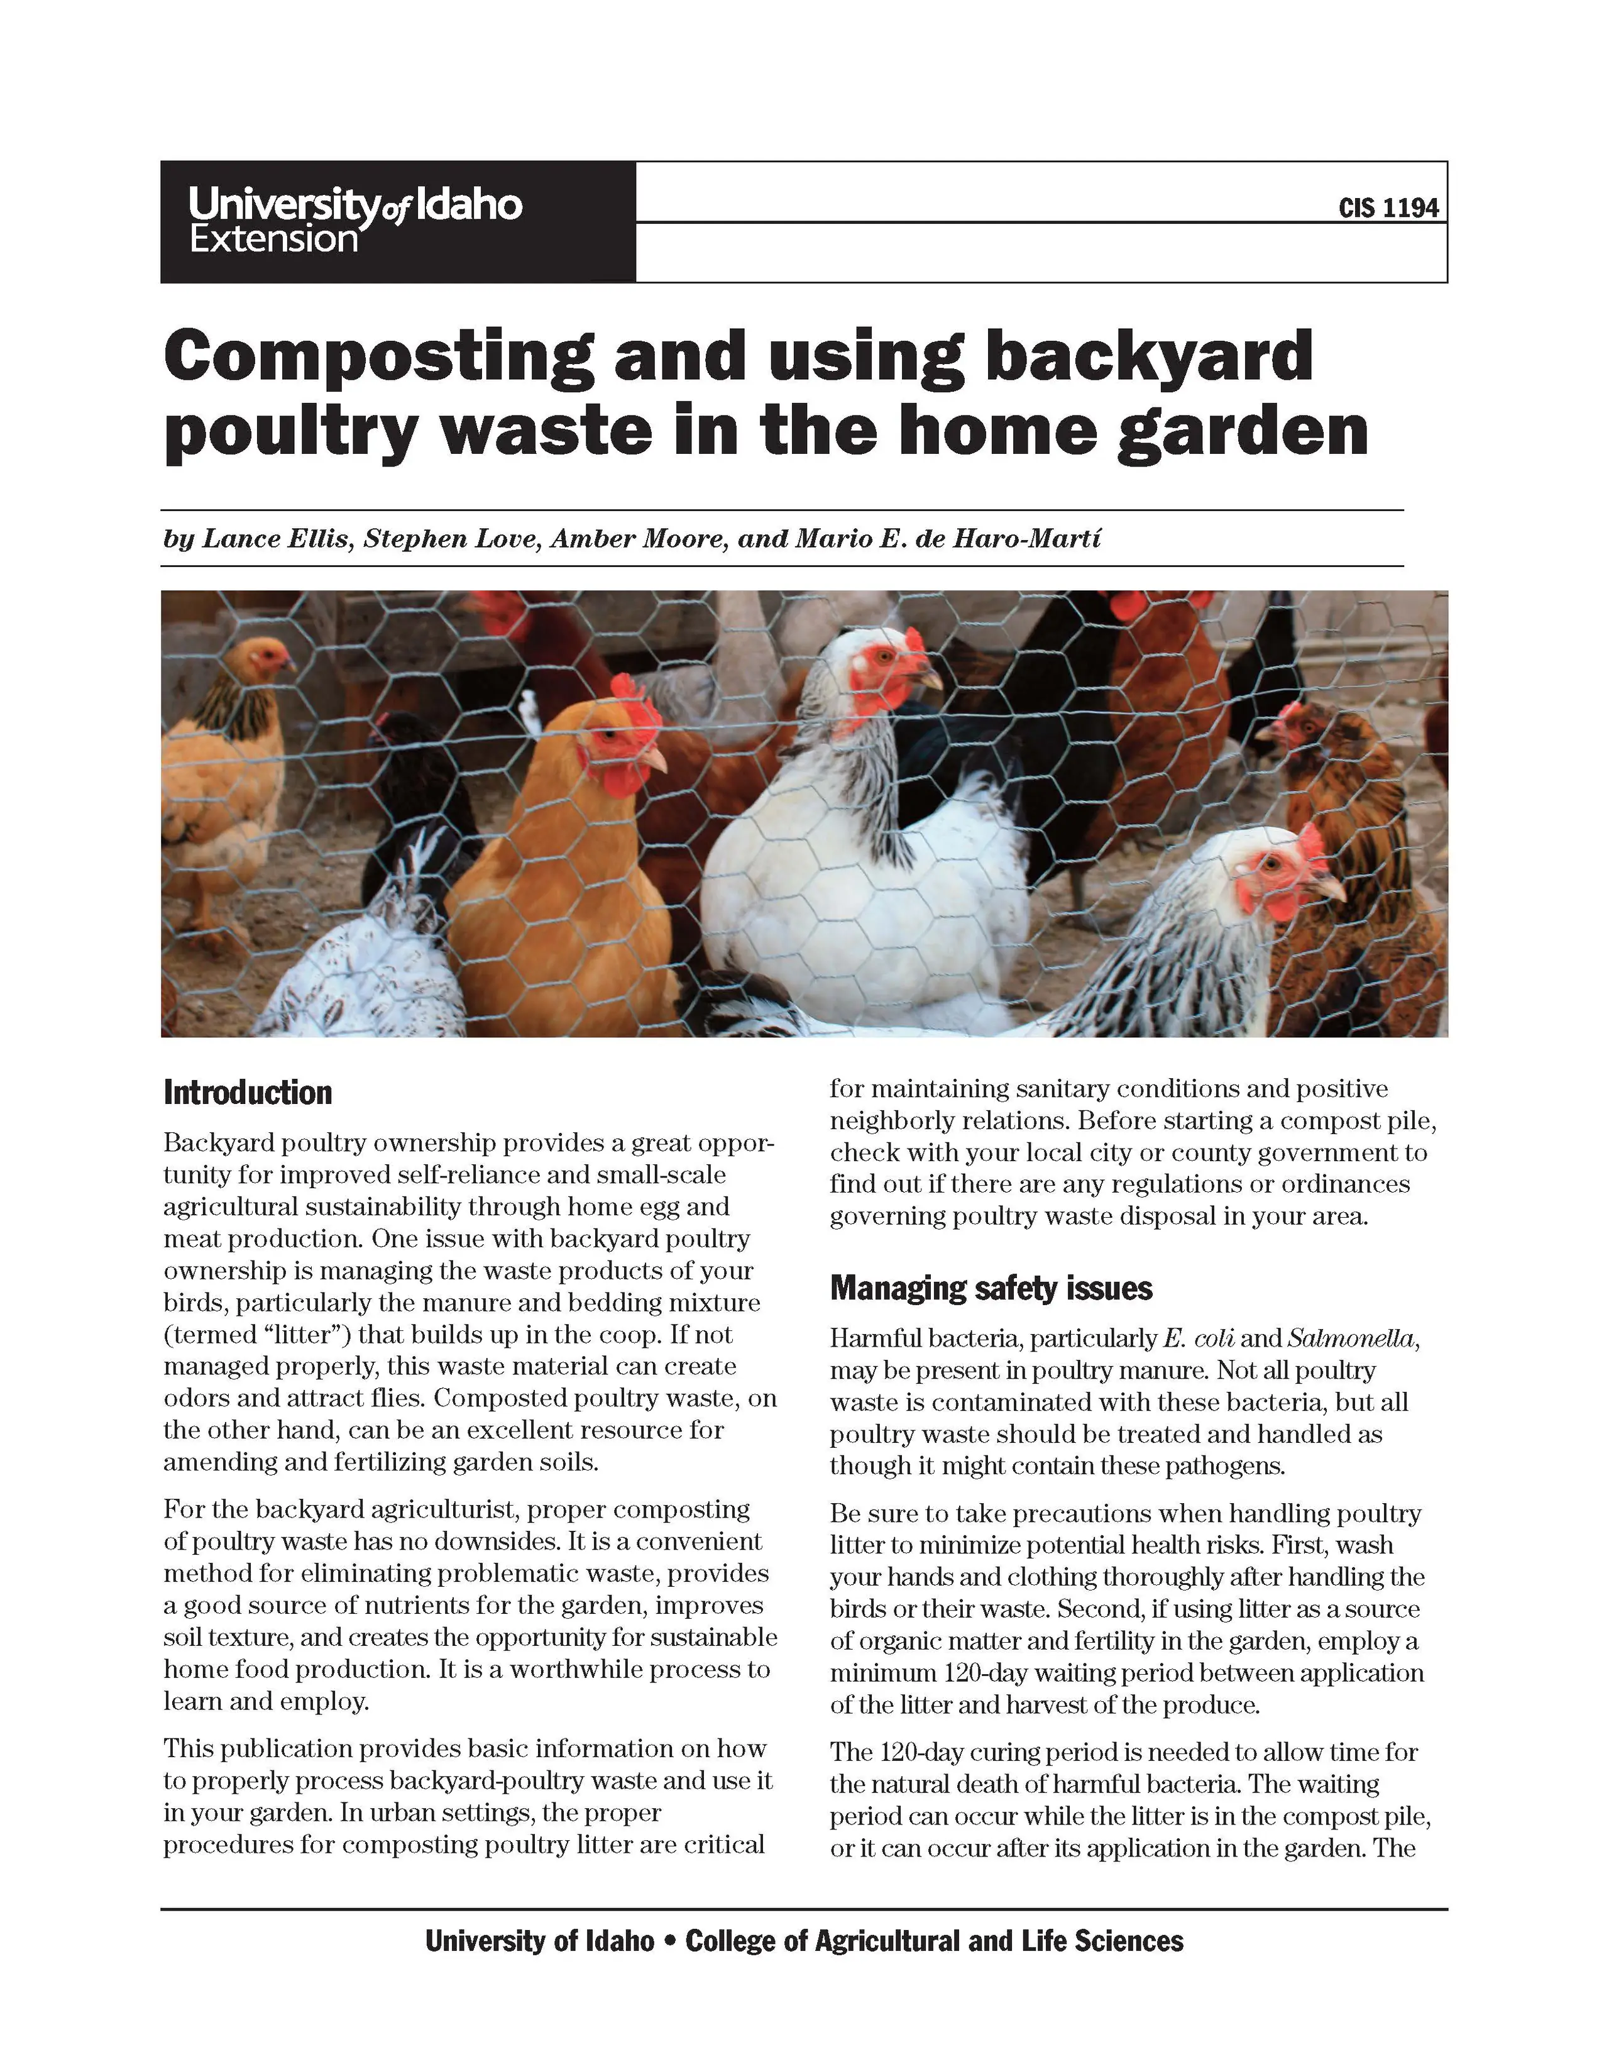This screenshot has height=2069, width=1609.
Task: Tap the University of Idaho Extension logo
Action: (x=355, y=221)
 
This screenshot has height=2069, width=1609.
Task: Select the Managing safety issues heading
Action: (x=991, y=1288)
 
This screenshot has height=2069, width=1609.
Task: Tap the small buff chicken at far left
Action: (x=222, y=758)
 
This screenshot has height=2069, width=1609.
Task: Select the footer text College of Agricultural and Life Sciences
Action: (x=934, y=1941)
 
